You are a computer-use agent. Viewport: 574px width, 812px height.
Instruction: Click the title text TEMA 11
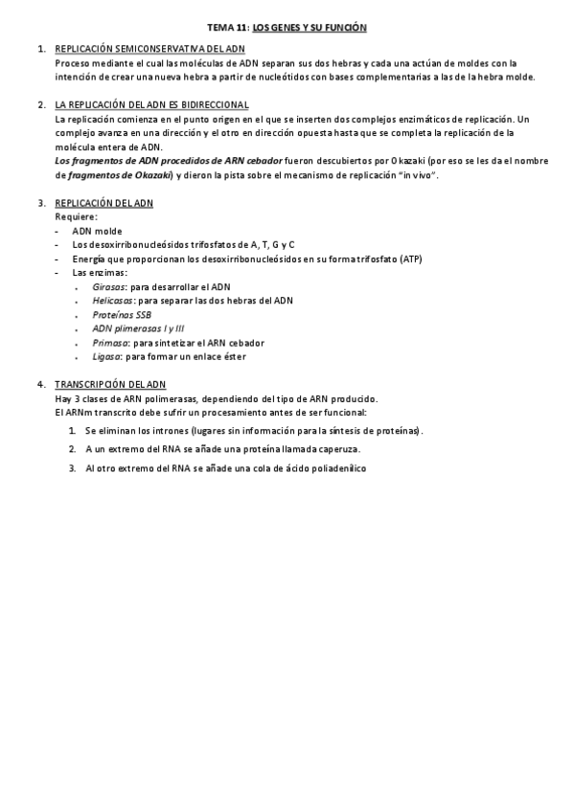click(x=228, y=29)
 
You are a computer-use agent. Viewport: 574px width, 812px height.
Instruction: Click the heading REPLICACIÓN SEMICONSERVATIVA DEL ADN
click(x=149, y=49)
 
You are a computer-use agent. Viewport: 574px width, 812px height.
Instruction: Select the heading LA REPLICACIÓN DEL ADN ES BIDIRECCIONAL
click(x=151, y=104)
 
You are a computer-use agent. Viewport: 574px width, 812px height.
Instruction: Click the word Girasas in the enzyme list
click(x=109, y=286)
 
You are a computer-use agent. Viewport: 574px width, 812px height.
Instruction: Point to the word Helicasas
click(x=113, y=301)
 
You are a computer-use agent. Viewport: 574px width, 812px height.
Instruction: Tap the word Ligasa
click(x=106, y=356)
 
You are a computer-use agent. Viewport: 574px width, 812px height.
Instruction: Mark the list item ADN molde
click(x=97, y=231)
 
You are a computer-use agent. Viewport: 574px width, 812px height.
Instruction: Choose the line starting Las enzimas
click(x=100, y=273)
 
